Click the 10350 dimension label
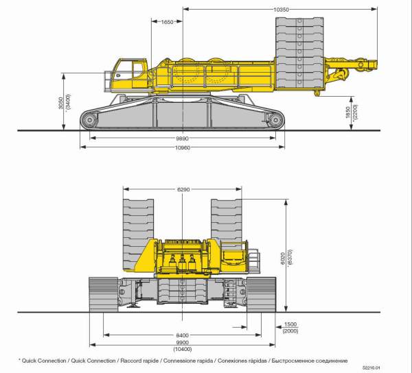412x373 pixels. (281, 10)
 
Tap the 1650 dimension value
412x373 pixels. (167, 22)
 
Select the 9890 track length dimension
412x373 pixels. (183, 139)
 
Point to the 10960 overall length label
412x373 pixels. (183, 147)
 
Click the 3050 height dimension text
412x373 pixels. (60, 103)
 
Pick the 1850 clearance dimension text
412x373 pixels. (348, 112)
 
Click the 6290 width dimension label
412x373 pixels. (183, 189)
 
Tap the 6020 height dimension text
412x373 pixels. (283, 258)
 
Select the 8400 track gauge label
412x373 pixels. (183, 335)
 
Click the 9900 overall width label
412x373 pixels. (183, 343)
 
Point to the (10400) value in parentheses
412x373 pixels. (183, 349)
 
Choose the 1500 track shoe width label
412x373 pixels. (290, 324)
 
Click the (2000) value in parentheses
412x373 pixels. (290, 331)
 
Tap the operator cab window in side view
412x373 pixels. (137, 70)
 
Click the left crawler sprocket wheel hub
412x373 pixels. (90, 120)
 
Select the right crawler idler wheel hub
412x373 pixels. (275, 120)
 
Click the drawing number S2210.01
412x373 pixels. (371, 368)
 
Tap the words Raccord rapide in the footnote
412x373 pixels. (139, 361)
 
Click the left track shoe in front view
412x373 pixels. (104, 295)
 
